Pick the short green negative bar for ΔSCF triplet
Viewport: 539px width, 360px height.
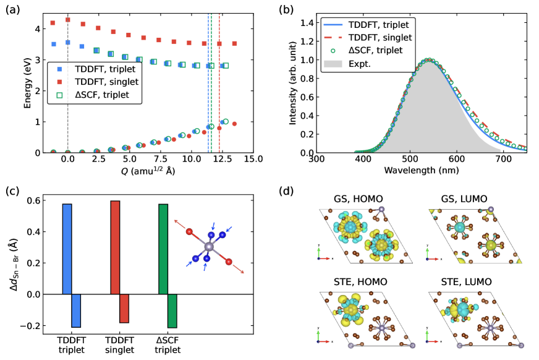pyautogui.click(x=172, y=311)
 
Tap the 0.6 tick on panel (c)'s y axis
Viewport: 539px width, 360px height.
pyautogui.click(x=36, y=200)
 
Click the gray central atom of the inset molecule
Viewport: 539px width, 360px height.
pyautogui.click(x=208, y=247)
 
